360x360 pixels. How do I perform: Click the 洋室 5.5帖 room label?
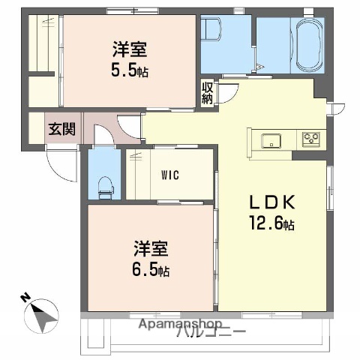point(129,58)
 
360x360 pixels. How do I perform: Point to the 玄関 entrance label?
point(62,129)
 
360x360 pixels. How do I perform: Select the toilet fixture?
point(105,184)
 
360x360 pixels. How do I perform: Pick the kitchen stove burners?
point(311,139)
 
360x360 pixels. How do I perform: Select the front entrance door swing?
point(60,161)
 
